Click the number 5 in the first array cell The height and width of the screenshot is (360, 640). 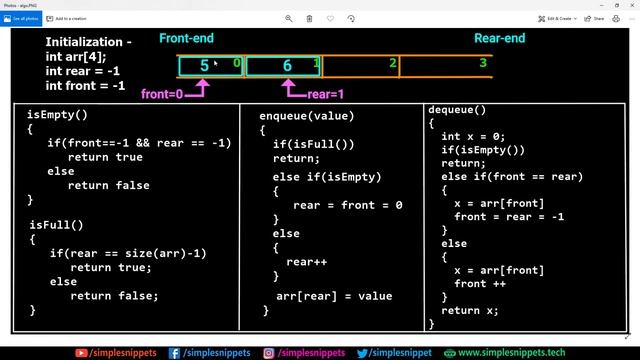tap(205, 67)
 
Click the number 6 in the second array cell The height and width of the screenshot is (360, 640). tap(287, 67)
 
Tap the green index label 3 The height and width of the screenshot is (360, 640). tap(483, 63)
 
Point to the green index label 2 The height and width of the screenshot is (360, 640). tap(393, 64)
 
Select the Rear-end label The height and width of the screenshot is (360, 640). tap(500, 39)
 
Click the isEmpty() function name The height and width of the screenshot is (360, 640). tap(57, 115)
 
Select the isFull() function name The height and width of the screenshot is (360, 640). tap(56, 225)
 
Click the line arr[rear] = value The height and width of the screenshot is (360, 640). tap(334, 295)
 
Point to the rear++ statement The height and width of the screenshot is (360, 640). tap(304, 261)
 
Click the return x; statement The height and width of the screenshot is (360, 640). tap(469, 310)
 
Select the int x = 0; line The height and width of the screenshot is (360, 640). tap(472, 136)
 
